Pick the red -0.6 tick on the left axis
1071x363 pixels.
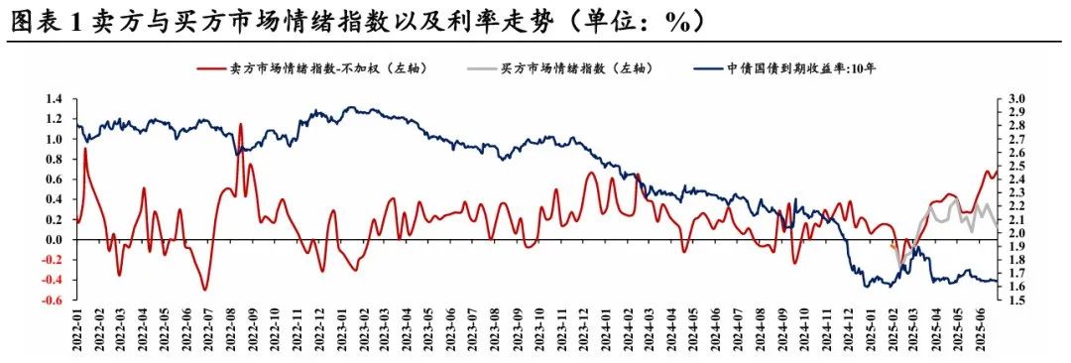click(x=52, y=300)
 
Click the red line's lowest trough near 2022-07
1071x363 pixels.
click(x=205, y=290)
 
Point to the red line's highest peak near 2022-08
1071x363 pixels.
click(x=241, y=124)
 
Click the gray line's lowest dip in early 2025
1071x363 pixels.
click(x=899, y=266)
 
